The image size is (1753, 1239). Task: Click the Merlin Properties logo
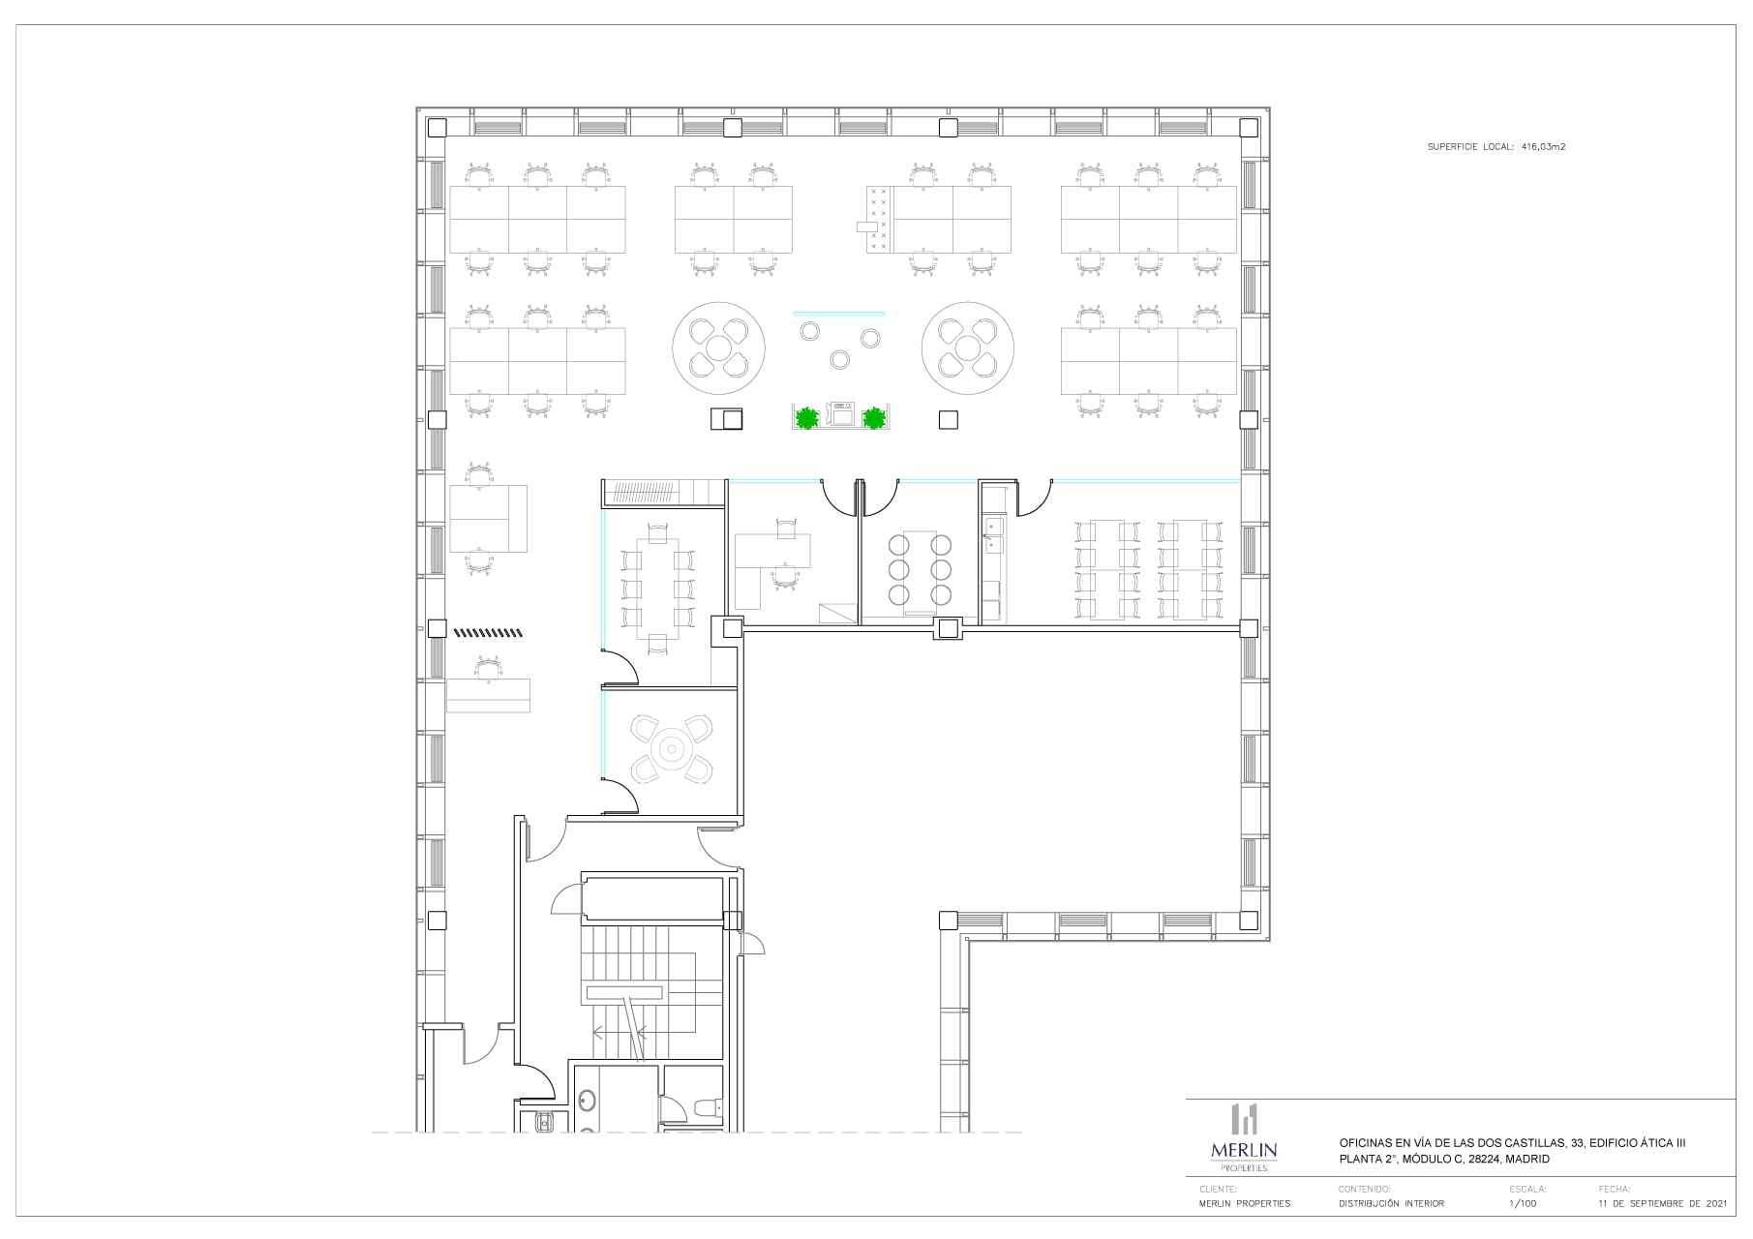[x=1244, y=1138]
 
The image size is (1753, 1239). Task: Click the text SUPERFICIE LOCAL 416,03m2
[x=1496, y=147]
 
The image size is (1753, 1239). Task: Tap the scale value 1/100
[x=1522, y=1203]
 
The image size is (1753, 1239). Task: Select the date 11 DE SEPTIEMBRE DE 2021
[x=1662, y=1203]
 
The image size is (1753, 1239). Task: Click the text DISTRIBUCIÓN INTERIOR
[x=1390, y=1203]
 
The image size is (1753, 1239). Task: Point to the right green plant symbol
[x=874, y=418]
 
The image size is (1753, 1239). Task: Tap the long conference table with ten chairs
[x=658, y=589]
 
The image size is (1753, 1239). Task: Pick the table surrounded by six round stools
[x=916, y=568]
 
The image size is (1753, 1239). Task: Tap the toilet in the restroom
[x=706, y=1108]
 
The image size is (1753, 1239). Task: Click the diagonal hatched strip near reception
[x=488, y=633]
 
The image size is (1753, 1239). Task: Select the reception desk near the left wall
[x=489, y=694]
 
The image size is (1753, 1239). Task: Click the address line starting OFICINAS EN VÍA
[x=1511, y=1143]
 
